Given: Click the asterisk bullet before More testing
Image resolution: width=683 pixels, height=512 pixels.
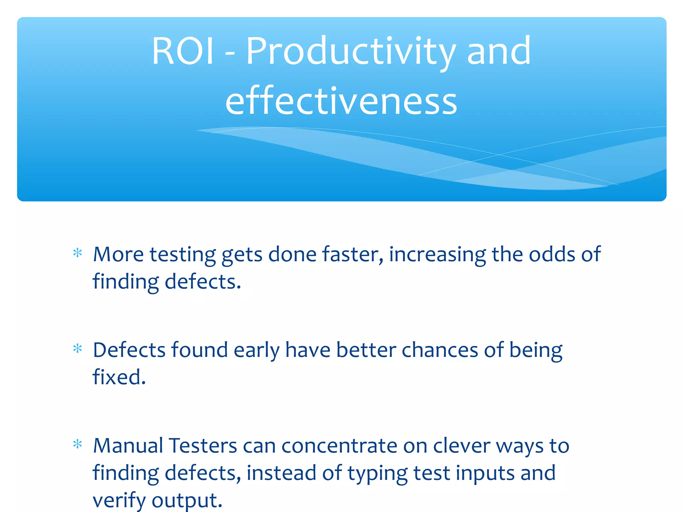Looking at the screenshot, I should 77,253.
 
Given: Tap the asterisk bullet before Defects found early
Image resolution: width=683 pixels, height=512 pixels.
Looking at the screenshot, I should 77,349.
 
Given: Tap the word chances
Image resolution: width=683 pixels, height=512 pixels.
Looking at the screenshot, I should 440,350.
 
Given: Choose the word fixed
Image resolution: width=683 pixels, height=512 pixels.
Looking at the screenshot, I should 119,377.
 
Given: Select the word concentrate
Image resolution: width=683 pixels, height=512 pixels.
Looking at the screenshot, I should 339,446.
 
